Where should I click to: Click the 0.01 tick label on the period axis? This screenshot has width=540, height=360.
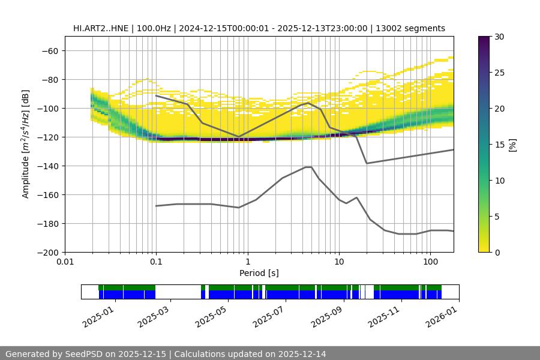coord(65,262)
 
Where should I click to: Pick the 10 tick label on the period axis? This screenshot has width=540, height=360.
coord(338,262)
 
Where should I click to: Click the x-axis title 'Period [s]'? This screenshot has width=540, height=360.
coord(259,273)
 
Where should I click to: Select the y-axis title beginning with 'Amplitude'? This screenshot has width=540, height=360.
coord(26,144)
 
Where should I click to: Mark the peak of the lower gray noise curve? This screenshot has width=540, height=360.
coord(308,167)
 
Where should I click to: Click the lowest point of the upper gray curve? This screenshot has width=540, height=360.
coord(367,163)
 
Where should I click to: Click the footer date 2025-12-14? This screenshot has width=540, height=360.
coord(300,354)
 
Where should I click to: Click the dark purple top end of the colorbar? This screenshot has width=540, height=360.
coord(484,39)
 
